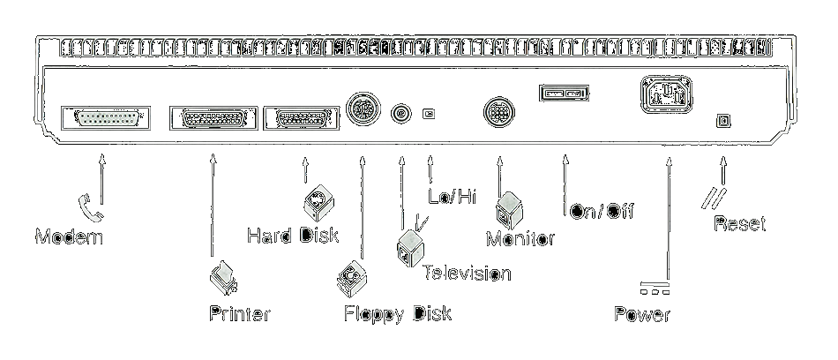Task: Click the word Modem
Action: (x=69, y=237)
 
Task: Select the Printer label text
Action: (x=239, y=313)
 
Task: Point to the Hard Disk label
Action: (x=293, y=236)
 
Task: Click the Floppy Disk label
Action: (x=397, y=313)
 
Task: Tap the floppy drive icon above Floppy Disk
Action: (x=351, y=278)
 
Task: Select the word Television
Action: (x=467, y=273)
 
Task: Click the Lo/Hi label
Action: (x=452, y=197)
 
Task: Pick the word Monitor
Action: (x=520, y=238)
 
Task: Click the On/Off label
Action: (x=602, y=212)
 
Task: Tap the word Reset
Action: (x=739, y=224)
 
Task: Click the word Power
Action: (x=642, y=315)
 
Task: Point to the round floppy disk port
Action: (x=363, y=110)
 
